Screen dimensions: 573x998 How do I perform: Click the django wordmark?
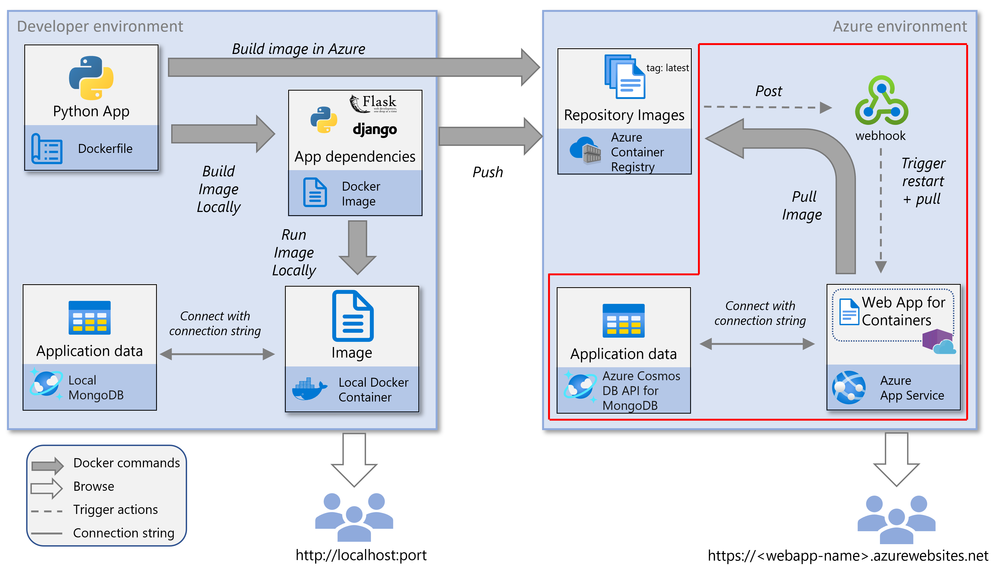374,129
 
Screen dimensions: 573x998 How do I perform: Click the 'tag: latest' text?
667,68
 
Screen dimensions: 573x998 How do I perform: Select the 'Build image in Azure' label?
298,49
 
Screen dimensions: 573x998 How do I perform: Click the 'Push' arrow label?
487,172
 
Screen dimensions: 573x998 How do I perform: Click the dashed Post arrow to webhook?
767,107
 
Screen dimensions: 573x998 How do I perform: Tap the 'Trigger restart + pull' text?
923,181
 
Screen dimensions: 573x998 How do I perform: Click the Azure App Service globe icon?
849,388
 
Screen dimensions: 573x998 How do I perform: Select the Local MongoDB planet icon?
46,384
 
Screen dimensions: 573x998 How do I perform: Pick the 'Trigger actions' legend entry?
115,510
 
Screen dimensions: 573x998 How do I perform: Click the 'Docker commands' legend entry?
126,463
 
